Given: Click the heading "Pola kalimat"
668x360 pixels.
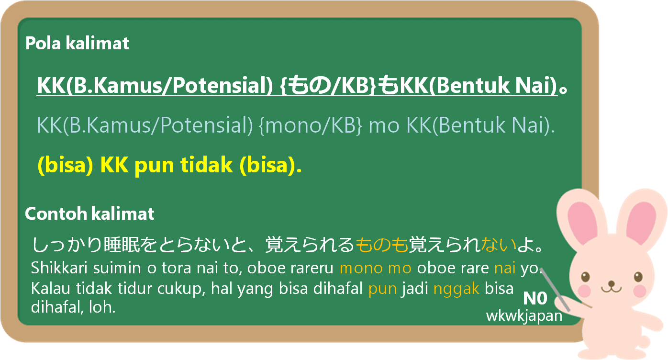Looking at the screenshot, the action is [x=77, y=43].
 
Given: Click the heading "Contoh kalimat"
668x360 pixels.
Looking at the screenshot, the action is [x=89, y=214].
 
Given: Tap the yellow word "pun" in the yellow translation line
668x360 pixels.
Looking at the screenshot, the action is [x=154, y=166].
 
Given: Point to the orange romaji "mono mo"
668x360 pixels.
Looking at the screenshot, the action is [x=376, y=268].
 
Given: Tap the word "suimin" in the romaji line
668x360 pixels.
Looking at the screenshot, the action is [x=117, y=268].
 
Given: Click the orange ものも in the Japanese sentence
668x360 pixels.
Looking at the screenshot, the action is [x=382, y=245].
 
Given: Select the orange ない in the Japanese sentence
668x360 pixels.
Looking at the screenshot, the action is [x=499, y=245].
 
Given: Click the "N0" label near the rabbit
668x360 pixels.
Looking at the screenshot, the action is [x=535, y=298].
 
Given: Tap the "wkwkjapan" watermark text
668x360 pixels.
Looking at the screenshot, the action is [x=524, y=315].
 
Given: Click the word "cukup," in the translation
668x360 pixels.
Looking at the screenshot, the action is [x=181, y=289].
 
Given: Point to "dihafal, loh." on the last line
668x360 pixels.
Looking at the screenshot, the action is [x=73, y=307].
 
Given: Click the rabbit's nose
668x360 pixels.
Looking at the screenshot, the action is [x=612, y=283].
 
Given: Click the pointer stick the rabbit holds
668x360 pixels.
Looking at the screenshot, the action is [x=556, y=290].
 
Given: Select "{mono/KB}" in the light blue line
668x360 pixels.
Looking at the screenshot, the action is [x=311, y=125].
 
